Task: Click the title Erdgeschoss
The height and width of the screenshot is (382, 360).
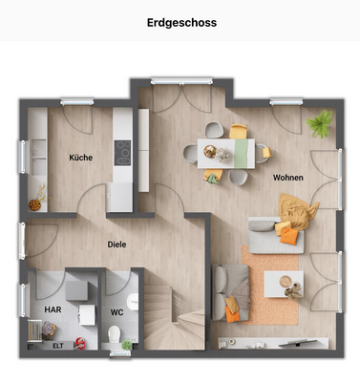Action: point(180,21)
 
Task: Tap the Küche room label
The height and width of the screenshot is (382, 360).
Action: point(80,157)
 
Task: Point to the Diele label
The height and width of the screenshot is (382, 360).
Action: point(116,244)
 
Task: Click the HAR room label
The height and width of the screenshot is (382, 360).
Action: point(53,310)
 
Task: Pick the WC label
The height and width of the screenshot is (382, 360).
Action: point(116,311)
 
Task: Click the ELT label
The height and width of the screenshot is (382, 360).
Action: point(57,345)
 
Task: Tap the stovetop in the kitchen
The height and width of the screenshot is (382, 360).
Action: point(122,151)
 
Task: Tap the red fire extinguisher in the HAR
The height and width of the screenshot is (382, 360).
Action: point(82,341)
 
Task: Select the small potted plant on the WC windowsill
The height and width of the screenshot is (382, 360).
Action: point(121,356)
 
